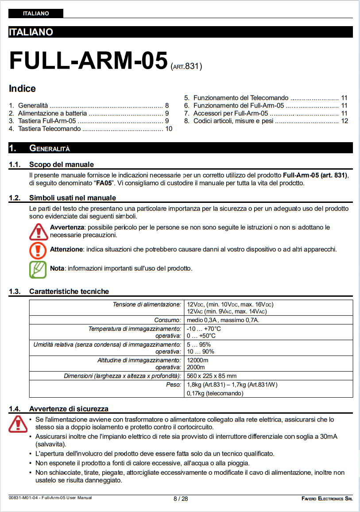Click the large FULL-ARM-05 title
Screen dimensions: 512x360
[x=88, y=61]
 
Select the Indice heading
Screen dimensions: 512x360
[x=22, y=89]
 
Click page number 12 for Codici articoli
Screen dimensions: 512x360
[x=345, y=121]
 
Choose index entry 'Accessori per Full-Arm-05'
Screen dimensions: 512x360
[x=230, y=113]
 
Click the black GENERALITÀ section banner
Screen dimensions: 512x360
[x=180, y=148]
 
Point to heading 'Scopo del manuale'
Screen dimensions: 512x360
[x=61, y=165]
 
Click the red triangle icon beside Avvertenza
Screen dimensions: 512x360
[x=38, y=231]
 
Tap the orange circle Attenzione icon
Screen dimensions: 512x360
[x=38, y=250]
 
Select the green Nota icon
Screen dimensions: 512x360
[x=38, y=269]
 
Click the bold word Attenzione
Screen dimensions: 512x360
[x=66, y=249]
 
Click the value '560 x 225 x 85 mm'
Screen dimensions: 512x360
[x=212, y=376]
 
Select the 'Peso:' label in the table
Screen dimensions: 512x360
[x=173, y=384]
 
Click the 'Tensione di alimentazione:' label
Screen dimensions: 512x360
[x=147, y=305]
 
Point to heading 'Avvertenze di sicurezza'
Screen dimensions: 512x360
[x=69, y=409]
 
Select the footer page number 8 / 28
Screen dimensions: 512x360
[x=180, y=499]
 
